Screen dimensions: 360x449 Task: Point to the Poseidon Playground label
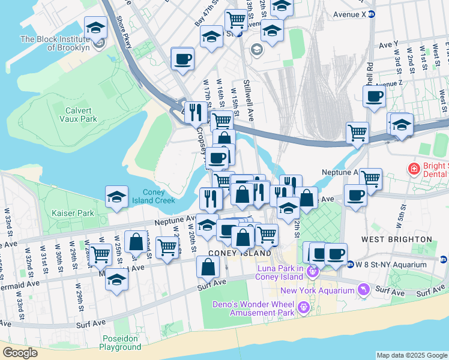(120, 343)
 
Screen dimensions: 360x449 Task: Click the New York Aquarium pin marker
(363, 291)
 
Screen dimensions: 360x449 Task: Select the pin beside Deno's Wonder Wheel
(303, 308)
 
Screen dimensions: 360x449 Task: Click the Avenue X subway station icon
(372, 14)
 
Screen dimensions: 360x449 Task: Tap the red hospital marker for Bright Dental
(414, 170)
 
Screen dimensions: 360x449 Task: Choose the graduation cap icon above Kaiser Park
(116, 197)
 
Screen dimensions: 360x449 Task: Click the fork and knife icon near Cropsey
(195, 112)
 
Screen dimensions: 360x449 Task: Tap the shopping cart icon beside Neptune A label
(370, 178)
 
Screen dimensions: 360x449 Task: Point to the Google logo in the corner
(20, 352)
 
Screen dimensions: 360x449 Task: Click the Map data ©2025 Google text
(411, 355)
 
